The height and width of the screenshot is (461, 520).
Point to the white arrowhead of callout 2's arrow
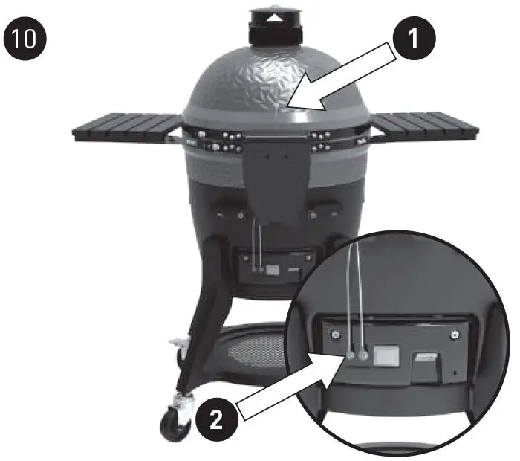coord(340,362)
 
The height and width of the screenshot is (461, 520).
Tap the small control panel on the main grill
coord(273,266)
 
